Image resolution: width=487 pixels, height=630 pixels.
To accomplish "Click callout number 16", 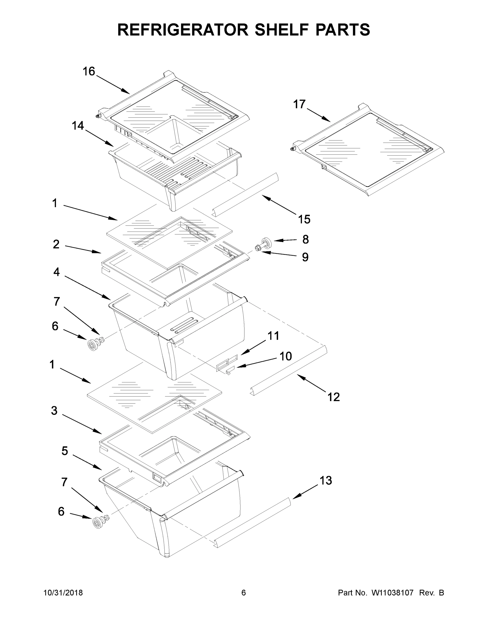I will click(x=89, y=71).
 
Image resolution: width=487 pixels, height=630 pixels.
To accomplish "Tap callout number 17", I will click(x=299, y=104).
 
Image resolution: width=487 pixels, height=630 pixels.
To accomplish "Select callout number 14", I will click(x=78, y=125).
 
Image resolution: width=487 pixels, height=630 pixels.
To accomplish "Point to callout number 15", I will click(x=304, y=219).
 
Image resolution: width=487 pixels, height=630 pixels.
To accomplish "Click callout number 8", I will click(x=306, y=239).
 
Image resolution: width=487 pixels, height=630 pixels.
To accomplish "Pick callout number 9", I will click(x=305, y=257).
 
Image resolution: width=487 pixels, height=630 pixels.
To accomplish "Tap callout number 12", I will click(x=333, y=397).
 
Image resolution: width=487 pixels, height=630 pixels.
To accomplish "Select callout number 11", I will click(x=273, y=336).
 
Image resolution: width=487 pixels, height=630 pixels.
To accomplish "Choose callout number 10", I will click(x=286, y=356).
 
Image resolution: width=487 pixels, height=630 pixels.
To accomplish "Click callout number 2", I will click(x=56, y=244).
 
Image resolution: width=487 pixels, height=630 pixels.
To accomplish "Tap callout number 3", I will click(x=54, y=411).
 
